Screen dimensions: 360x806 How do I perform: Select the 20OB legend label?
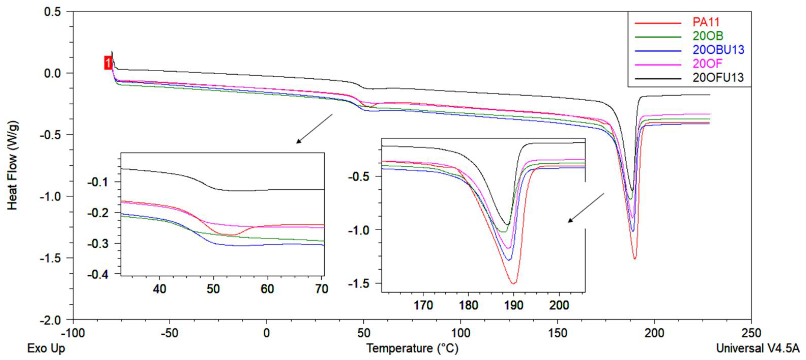pyautogui.click(x=708, y=36)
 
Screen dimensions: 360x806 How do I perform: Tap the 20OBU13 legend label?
pyautogui.click(x=718, y=50)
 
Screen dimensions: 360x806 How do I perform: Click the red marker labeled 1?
pyautogui.click(x=108, y=63)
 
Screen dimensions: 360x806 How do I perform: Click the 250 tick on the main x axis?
pyautogui.click(x=751, y=333)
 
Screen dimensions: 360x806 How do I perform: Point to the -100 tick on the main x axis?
pyautogui.click(x=73, y=333)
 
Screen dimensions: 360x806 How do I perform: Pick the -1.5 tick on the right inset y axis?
pyautogui.click(x=359, y=283)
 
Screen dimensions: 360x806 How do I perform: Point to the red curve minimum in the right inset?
pyautogui.click(x=513, y=283)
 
